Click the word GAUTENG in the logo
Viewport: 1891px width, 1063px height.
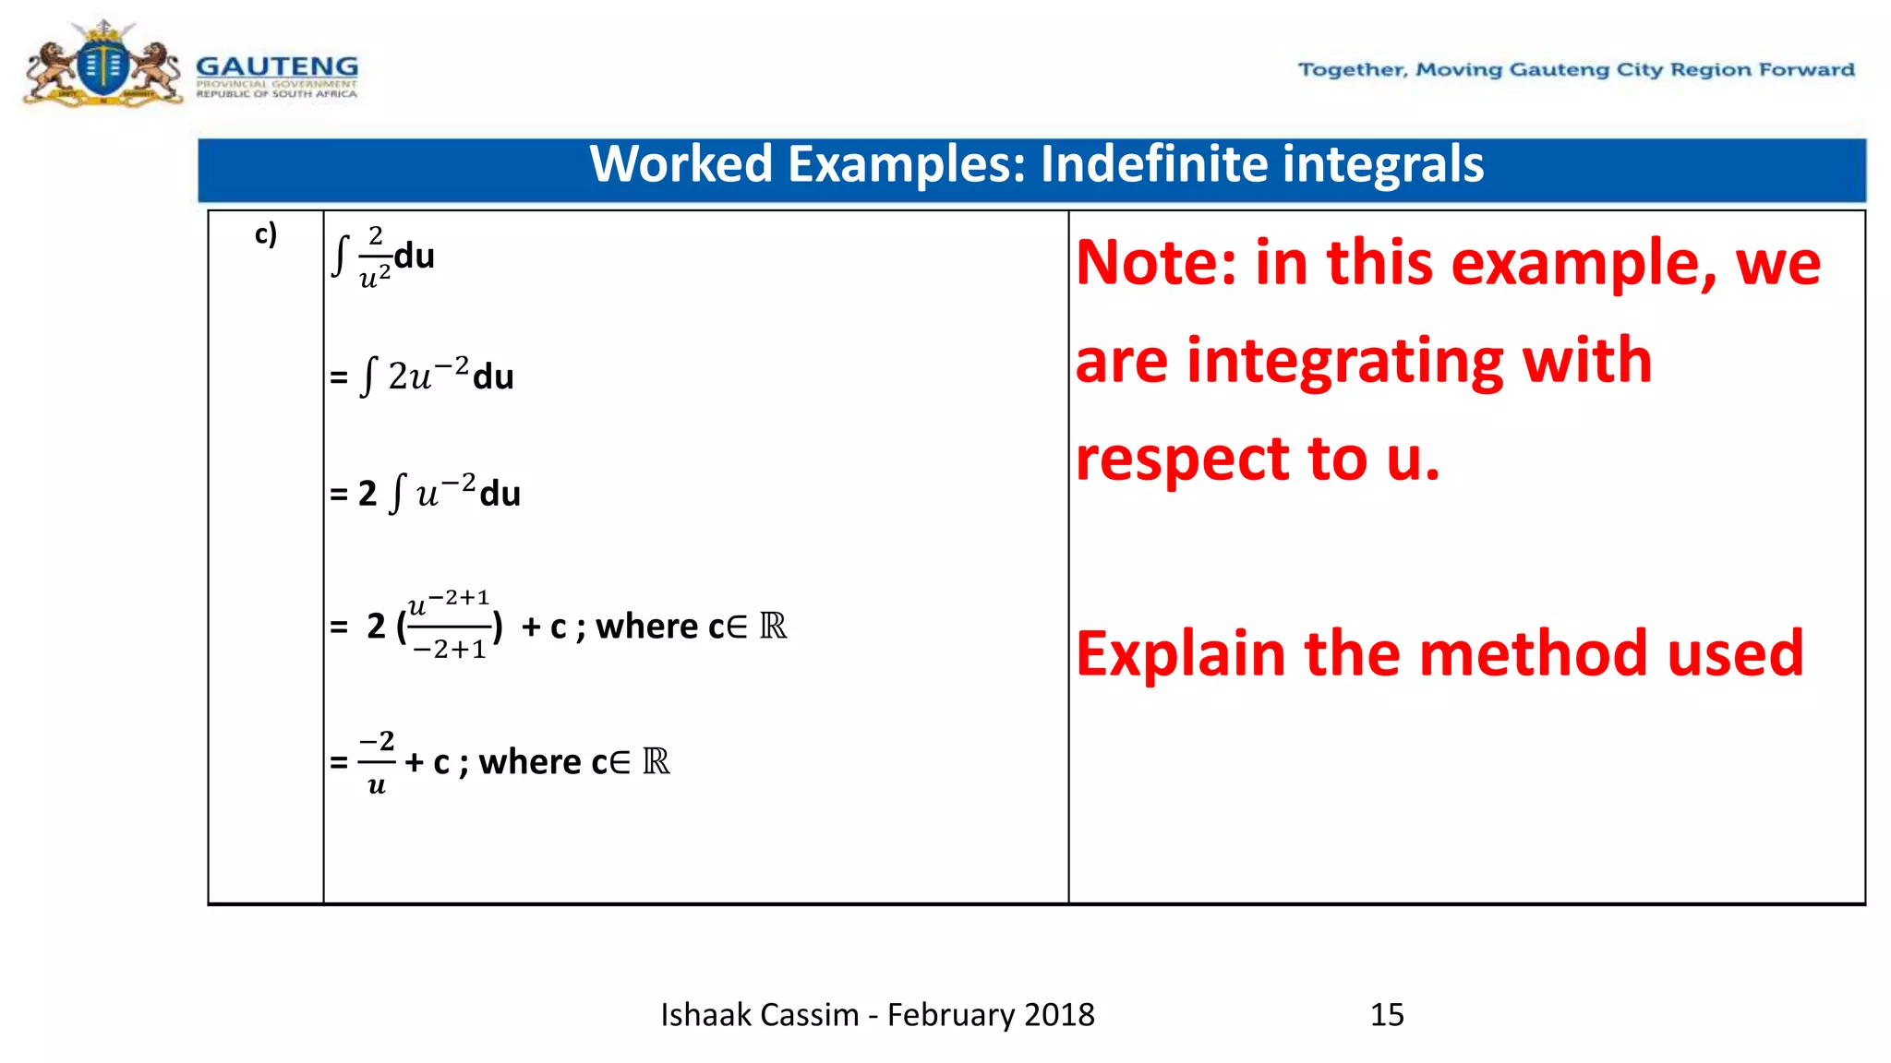(x=277, y=67)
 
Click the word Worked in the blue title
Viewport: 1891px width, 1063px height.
(x=681, y=165)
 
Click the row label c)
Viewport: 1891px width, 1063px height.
(x=265, y=234)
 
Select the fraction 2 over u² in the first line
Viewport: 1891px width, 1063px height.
(x=374, y=257)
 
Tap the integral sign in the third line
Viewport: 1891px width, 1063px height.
(x=397, y=493)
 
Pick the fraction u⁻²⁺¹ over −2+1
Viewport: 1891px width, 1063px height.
(x=449, y=625)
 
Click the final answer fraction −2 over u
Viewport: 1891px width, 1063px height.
(x=376, y=762)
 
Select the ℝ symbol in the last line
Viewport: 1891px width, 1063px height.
(x=656, y=761)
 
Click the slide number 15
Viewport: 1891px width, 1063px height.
(x=1387, y=1015)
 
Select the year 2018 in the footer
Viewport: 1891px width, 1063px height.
(x=1059, y=1015)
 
